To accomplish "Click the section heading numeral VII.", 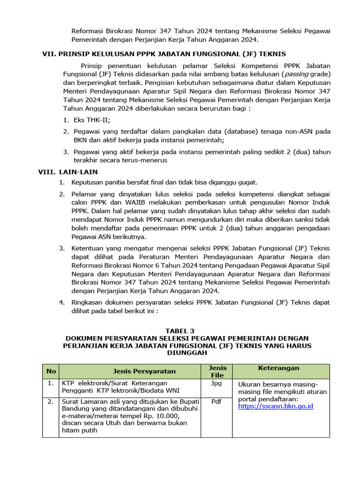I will pyautogui.click(x=49, y=54).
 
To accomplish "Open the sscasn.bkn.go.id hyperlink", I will pyautogui.click(x=276, y=406).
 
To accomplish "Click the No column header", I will pyautogui.click(x=51, y=371).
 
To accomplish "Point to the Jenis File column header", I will pyautogui.click(x=217, y=371).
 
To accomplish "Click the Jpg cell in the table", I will pyautogui.click(x=217, y=383).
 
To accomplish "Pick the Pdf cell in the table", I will pyautogui.click(x=217, y=401).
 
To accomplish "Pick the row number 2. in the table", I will pyautogui.click(x=50, y=401).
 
